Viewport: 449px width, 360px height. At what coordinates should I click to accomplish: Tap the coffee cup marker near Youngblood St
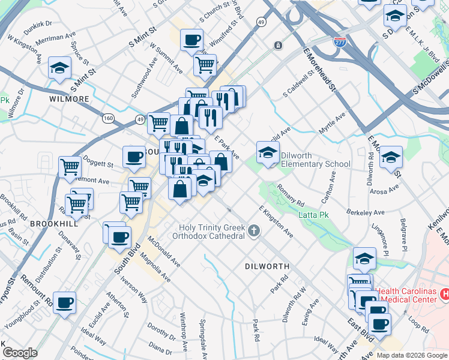click(65, 303)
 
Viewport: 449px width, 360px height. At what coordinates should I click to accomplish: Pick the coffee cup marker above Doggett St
click(134, 157)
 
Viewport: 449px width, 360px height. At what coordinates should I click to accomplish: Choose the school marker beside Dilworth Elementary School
click(268, 152)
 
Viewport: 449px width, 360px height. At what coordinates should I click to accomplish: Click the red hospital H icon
click(444, 294)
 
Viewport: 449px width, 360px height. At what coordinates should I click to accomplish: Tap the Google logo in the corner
click(20, 353)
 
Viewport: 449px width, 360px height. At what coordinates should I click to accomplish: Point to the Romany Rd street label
click(291, 195)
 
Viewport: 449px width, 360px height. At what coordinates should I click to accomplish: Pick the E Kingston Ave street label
click(276, 221)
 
